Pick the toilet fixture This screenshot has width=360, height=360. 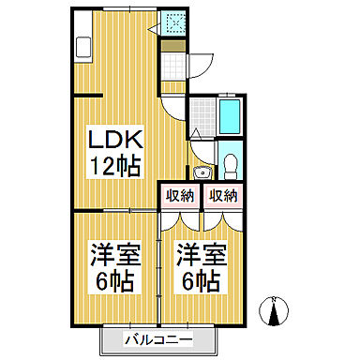click(x=230, y=165)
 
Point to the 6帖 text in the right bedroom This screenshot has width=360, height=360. click(x=199, y=279)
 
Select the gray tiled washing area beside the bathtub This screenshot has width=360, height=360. click(x=202, y=115)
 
